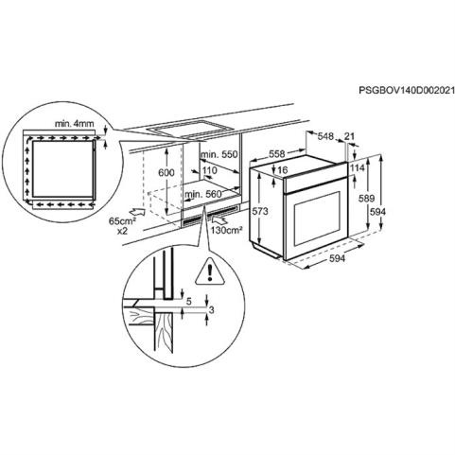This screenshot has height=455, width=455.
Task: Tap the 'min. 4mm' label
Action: (75, 124)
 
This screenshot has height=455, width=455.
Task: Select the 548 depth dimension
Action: (325, 136)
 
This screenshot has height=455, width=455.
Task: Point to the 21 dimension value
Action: (349, 136)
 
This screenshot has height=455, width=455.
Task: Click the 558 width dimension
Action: (276, 153)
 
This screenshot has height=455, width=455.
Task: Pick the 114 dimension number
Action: (358, 167)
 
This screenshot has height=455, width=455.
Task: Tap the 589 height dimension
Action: (366, 199)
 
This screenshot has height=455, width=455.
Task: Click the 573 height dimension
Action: (260, 211)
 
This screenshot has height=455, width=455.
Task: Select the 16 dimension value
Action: (283, 170)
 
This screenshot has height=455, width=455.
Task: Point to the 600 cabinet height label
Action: (166, 172)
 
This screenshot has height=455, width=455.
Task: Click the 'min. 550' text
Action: (219, 154)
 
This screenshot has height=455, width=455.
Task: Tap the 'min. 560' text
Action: (204, 194)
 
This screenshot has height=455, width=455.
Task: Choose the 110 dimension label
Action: (209, 170)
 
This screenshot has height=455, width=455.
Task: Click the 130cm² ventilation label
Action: (227, 230)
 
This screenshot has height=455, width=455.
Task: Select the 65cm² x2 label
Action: (122, 226)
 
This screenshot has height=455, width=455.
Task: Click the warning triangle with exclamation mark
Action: (210, 271)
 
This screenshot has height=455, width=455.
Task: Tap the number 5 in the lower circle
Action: (189, 302)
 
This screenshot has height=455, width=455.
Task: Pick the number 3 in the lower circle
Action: (212, 310)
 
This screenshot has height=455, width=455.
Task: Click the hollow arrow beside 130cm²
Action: (220, 219)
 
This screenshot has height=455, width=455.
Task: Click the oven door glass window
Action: (317, 219)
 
